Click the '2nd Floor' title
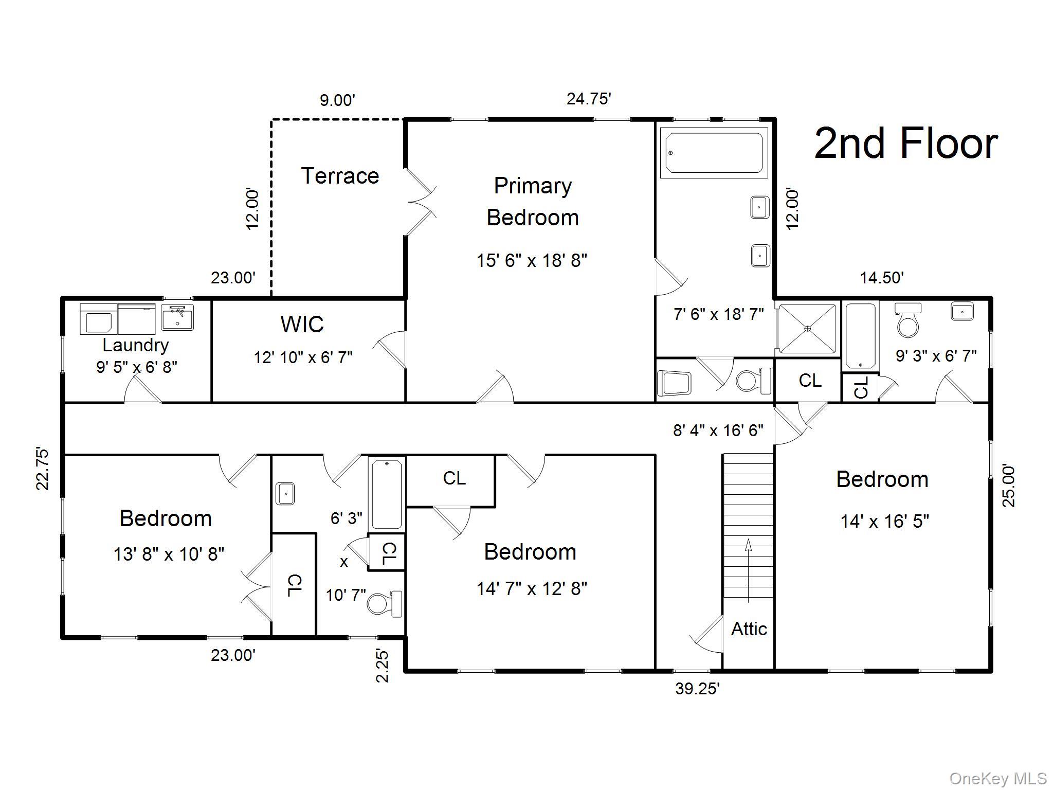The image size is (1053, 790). point(906,143)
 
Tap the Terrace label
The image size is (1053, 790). point(340,176)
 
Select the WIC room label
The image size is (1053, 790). point(302,324)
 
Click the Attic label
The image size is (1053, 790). point(749,629)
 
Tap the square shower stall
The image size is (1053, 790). point(807,328)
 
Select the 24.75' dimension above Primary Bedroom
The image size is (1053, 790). point(588,99)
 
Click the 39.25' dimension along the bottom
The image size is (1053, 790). point(697,689)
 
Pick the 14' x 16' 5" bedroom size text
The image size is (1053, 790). point(884,522)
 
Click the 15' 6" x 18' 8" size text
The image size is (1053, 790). point(531,261)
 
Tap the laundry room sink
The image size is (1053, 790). point(177,317)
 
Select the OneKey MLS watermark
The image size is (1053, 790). point(997,779)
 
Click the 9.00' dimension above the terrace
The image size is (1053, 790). point(337,100)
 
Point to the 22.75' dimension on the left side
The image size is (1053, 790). point(43,469)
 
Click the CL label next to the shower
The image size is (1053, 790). point(810,381)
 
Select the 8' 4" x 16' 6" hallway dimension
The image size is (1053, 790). point(718,430)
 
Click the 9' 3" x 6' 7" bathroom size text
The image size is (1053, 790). point(936,355)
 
